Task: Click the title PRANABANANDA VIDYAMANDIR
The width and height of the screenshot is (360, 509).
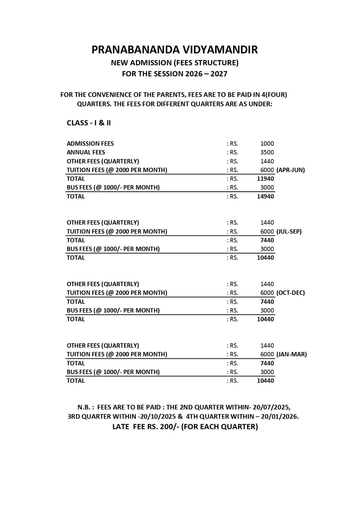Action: coord(174,50)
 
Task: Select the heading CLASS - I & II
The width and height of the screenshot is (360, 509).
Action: coord(88,123)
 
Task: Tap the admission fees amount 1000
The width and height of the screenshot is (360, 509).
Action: coord(267,143)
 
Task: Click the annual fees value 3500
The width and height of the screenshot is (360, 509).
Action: coord(267,152)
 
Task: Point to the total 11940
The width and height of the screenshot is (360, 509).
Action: coord(265,179)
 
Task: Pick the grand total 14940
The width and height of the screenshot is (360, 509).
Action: coord(265,196)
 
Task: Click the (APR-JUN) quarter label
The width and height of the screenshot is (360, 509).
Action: coord(291,170)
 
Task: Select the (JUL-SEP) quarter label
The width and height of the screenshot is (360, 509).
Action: coord(289,231)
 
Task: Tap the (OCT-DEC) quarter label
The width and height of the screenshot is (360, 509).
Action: coord(291,293)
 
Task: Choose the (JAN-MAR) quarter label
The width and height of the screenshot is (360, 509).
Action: coord(292,354)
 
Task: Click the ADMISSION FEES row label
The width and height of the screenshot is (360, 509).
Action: coord(90,143)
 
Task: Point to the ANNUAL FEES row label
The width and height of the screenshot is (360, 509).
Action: coord(86,152)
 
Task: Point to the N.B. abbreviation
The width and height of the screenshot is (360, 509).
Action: coord(85,407)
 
